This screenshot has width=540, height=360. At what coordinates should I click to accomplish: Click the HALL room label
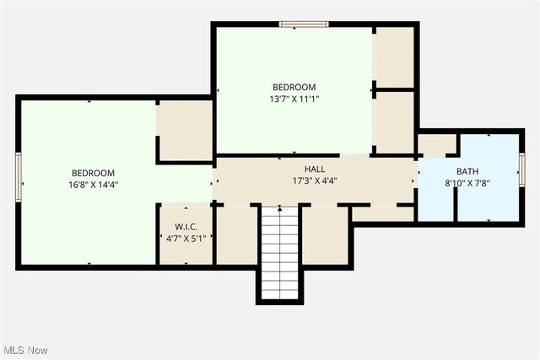click(315, 169)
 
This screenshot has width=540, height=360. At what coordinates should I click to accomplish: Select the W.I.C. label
click(186, 227)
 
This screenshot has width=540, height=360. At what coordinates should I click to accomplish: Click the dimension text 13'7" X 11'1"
click(294, 99)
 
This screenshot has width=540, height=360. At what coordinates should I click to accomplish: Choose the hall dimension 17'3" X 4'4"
click(315, 180)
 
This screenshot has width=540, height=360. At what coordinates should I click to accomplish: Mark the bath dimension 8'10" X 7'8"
click(468, 182)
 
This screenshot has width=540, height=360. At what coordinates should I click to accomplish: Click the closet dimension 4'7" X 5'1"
click(186, 239)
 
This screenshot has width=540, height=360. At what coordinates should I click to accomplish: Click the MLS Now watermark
click(24, 350)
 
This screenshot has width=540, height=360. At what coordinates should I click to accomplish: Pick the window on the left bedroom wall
click(18, 172)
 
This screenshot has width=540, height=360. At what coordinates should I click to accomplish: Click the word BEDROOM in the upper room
click(294, 87)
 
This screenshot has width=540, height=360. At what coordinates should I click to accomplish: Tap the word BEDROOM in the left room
click(93, 172)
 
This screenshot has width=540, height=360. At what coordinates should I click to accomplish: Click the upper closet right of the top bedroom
click(393, 56)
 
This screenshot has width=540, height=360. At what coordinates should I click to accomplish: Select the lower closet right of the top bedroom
click(393, 121)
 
